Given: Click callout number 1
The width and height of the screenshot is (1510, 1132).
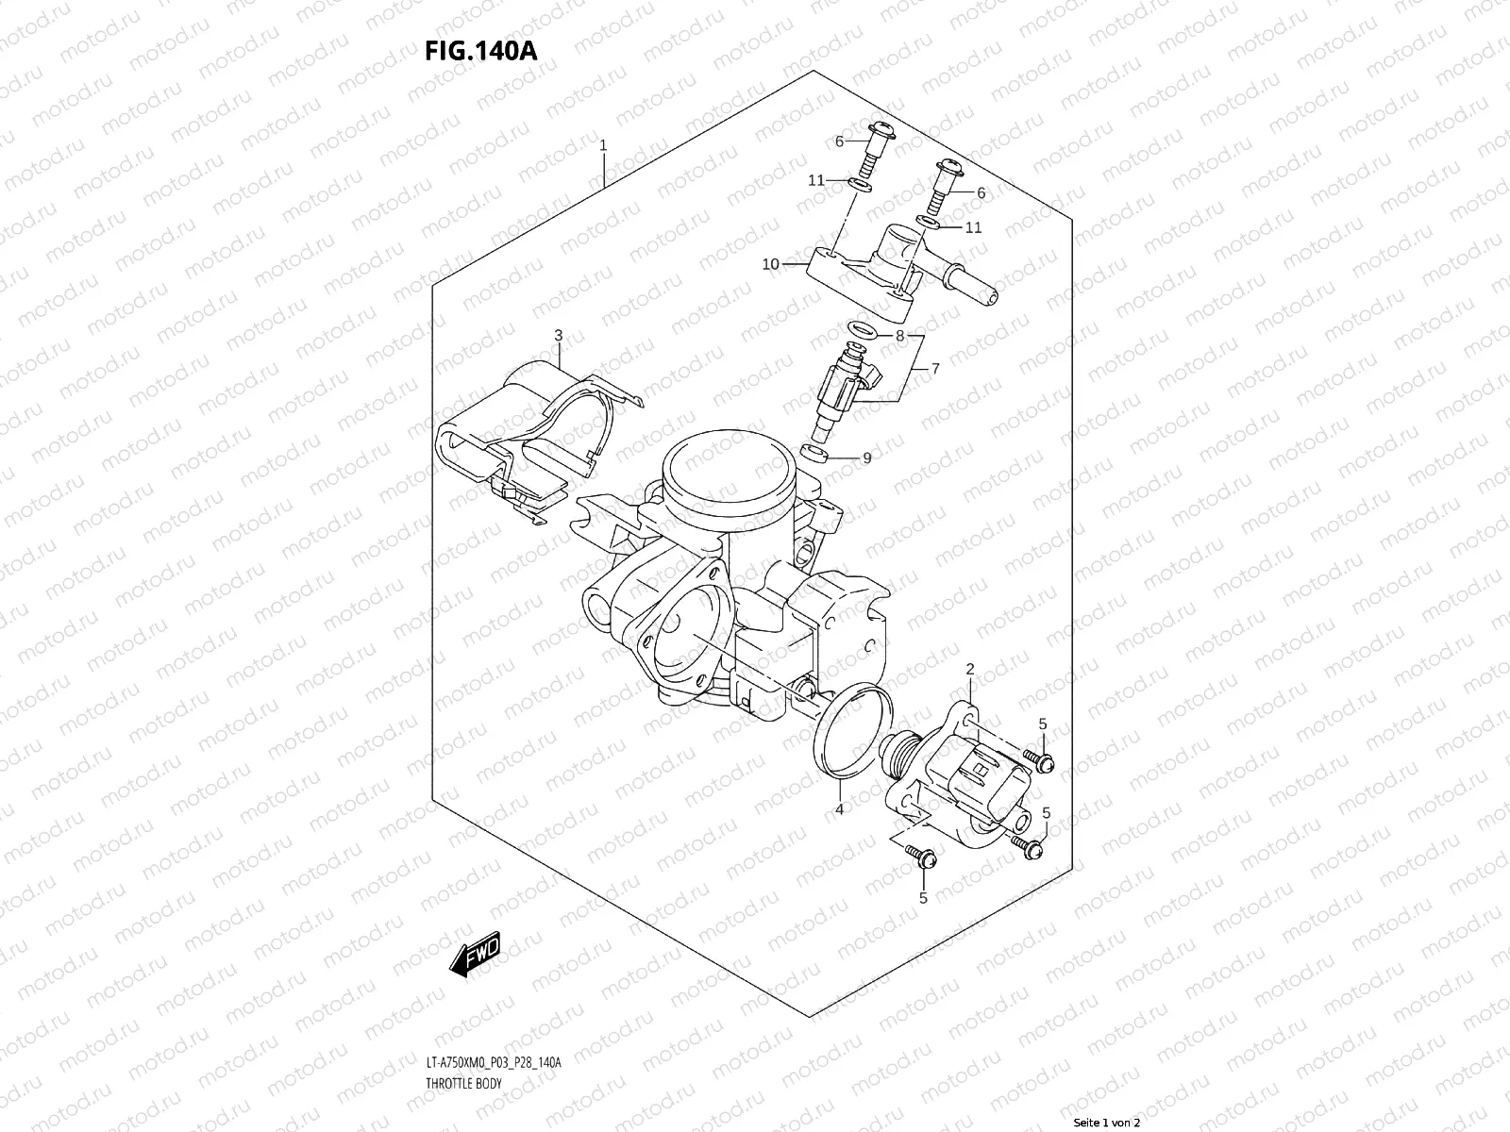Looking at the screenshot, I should pyautogui.click(x=603, y=146).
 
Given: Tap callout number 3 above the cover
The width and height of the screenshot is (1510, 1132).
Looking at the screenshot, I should pyautogui.click(x=558, y=335).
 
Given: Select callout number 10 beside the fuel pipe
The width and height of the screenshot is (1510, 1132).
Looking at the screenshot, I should pyautogui.click(x=771, y=264).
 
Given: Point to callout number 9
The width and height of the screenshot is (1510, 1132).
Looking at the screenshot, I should pyautogui.click(x=866, y=458).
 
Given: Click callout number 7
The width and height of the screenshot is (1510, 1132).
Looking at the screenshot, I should pyautogui.click(x=935, y=370).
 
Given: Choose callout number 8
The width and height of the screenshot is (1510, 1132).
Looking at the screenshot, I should pyautogui.click(x=899, y=335).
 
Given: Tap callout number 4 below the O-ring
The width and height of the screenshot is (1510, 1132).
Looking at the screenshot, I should pyautogui.click(x=838, y=808).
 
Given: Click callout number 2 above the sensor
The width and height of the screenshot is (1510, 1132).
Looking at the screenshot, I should pyautogui.click(x=969, y=669).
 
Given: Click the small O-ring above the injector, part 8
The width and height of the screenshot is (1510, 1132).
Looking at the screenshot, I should pyautogui.click(x=861, y=331).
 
